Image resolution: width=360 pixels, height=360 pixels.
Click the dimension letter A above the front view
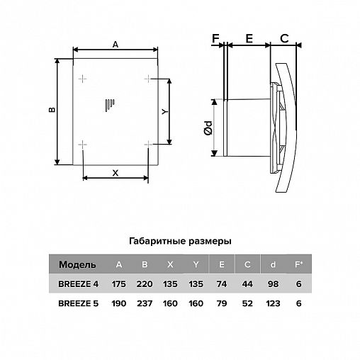tap(116, 44)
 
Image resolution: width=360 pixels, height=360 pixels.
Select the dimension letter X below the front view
tap(116, 173)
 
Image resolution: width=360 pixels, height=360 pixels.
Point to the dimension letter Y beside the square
tap(164, 111)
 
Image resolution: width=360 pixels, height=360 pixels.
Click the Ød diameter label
tap(208, 128)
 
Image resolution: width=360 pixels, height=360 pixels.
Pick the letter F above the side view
tap(215, 38)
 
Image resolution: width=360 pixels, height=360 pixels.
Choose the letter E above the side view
tap(249, 38)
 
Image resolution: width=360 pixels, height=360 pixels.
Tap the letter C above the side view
tap(284, 38)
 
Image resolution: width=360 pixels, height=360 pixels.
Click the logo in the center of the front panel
tap(110, 105)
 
